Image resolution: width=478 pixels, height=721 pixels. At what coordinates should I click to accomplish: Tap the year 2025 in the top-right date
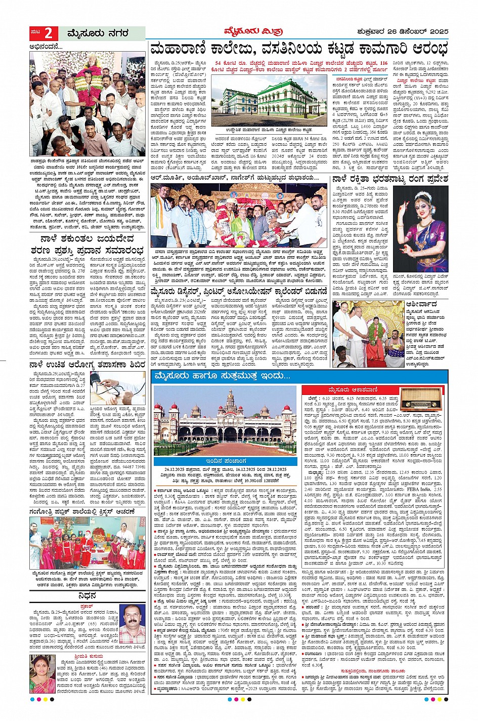pyautogui.click(x=437, y=33)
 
